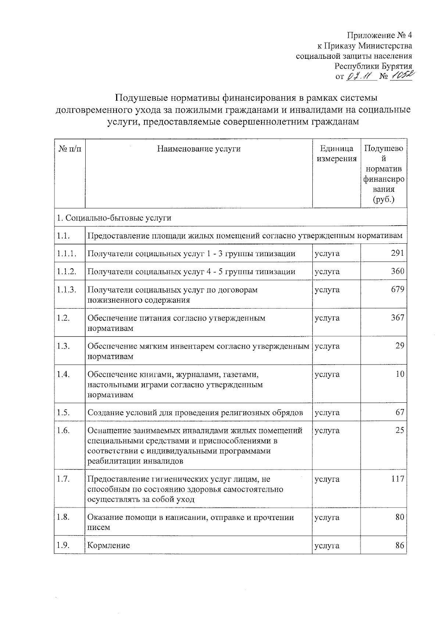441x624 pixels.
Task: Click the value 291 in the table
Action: [x=398, y=253]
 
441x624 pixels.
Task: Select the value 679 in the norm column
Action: [x=398, y=290]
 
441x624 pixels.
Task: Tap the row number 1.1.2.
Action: [x=67, y=272]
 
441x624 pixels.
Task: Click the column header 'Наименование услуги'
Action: [x=199, y=149]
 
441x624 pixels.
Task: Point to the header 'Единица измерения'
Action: [x=337, y=154]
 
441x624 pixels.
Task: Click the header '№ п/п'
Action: [x=70, y=149]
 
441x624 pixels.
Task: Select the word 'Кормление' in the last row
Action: [x=109, y=545]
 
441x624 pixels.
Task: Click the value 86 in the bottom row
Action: [x=400, y=545]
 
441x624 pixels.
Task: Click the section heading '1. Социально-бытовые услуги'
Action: [x=114, y=218]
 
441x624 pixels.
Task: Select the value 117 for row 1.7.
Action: [x=398, y=479]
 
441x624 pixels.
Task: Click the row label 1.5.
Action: [x=64, y=413]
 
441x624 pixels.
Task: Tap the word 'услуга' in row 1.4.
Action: [x=327, y=374]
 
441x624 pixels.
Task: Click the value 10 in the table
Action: [x=400, y=374]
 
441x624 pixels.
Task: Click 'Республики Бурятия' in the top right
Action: [x=373, y=67]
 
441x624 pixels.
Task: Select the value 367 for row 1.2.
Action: [x=398, y=318]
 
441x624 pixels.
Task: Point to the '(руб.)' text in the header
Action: [x=384, y=200]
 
